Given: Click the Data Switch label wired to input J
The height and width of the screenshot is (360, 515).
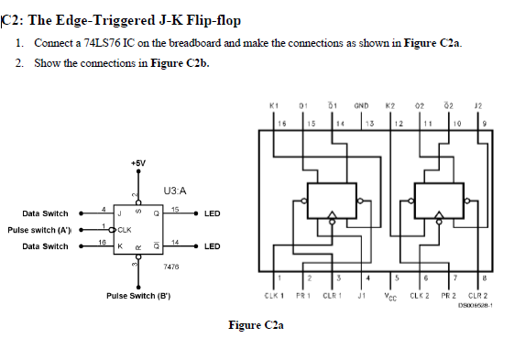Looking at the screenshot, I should [x=45, y=213].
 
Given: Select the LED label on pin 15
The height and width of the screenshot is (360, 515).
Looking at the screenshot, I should [x=212, y=213].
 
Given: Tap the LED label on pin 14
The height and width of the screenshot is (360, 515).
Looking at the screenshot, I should [x=212, y=246].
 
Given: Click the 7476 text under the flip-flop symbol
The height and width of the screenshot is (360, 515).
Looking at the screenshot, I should [x=170, y=267].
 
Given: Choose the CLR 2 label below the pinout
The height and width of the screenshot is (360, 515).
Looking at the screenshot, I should [x=478, y=296].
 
